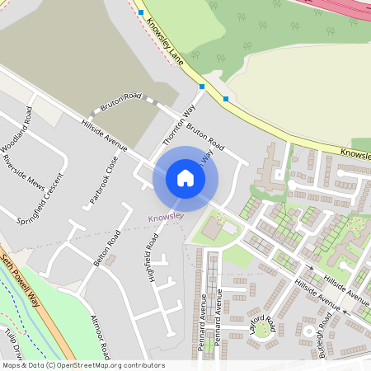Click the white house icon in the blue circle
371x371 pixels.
[185, 178]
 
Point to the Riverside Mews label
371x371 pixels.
[24, 169]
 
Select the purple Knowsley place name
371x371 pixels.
[164, 218]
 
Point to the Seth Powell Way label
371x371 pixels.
[21, 279]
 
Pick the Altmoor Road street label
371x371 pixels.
[101, 336]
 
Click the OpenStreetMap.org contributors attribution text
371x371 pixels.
[106, 365]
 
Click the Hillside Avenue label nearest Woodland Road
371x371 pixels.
[104, 134]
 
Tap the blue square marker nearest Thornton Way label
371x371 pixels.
[202, 86]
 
